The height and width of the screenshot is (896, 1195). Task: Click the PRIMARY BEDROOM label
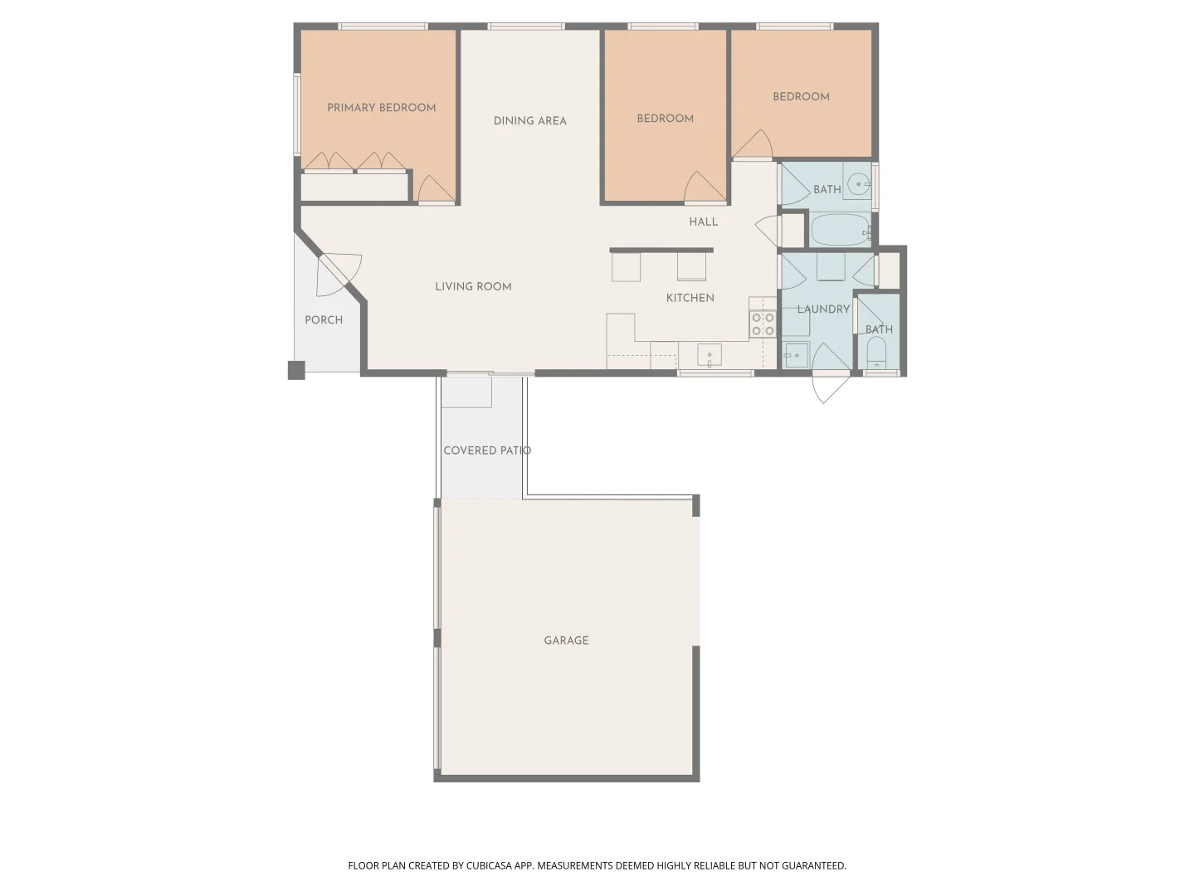point(381,108)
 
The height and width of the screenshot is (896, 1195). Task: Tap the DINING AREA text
point(529,121)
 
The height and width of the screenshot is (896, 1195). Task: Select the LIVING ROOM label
point(473,287)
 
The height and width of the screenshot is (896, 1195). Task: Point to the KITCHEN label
point(690,298)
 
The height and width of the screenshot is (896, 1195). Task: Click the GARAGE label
point(566,640)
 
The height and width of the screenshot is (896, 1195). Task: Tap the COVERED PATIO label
point(486,450)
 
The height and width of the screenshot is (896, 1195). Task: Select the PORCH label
point(324,320)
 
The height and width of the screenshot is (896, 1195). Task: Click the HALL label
point(703,222)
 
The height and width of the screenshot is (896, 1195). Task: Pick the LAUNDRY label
point(822,309)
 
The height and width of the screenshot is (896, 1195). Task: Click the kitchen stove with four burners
point(763,324)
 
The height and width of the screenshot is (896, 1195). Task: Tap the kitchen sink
point(709,355)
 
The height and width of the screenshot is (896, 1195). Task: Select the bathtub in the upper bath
point(840,230)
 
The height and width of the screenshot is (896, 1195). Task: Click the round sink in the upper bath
point(858,183)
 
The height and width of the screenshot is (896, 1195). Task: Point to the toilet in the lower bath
point(876,355)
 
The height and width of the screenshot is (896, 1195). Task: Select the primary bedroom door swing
point(434,190)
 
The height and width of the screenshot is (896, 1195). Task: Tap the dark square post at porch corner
point(296,370)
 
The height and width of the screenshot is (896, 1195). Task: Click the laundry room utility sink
point(795,355)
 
